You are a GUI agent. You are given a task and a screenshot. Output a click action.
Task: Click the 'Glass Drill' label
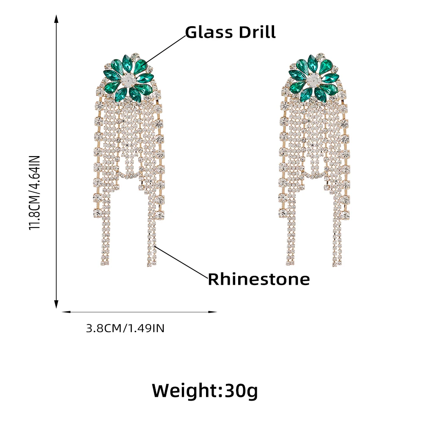tap(231, 32)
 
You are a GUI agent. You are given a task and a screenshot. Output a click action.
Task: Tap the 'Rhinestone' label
tap(258, 279)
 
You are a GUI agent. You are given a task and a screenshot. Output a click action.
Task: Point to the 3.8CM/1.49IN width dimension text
tap(125, 328)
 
